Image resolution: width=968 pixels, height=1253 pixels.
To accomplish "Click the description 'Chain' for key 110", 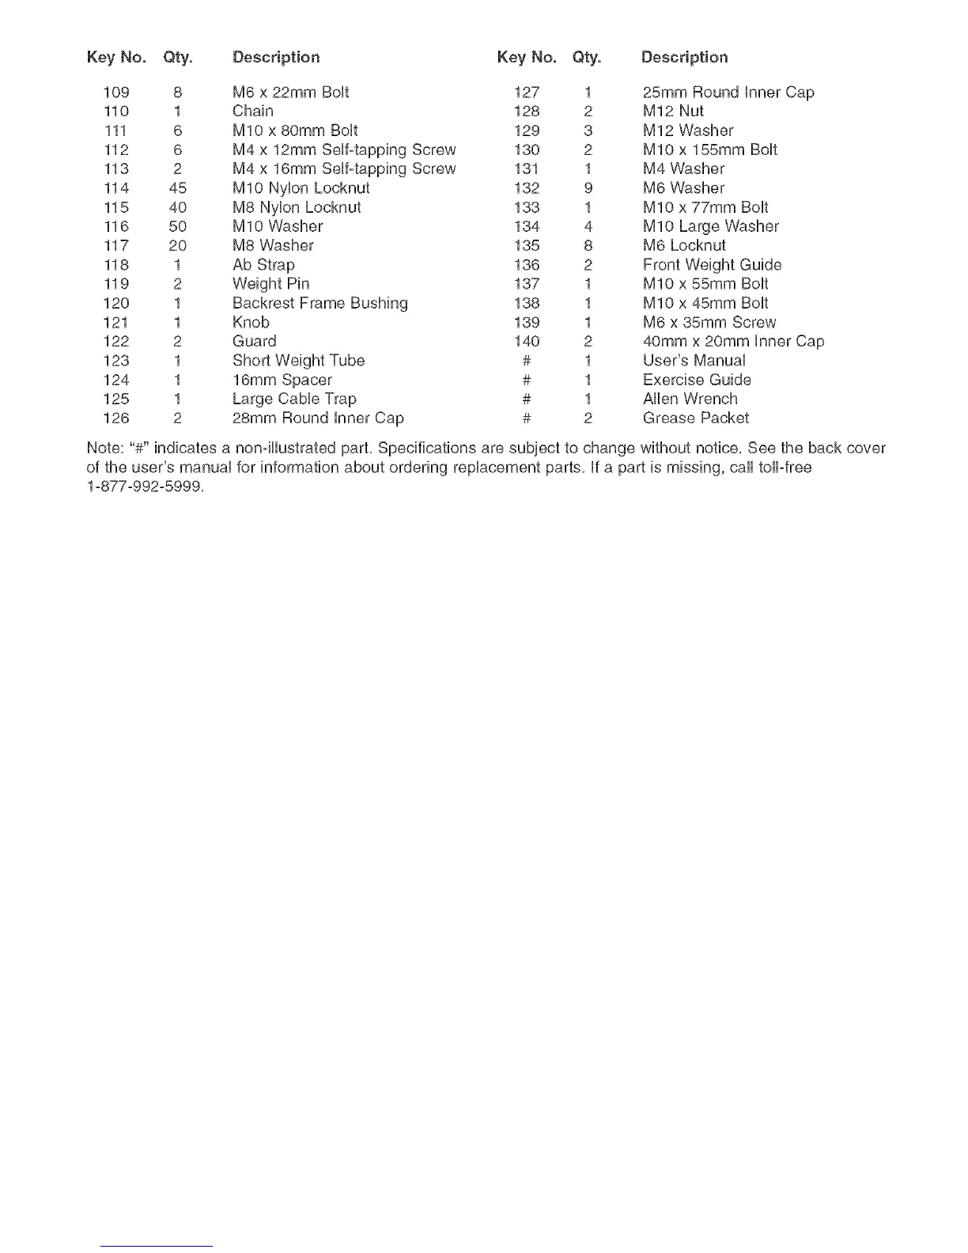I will point(253,112).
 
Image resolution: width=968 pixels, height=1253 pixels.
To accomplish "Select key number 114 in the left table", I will point(116,188).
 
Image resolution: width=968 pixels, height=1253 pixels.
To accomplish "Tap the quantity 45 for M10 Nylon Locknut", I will point(177,188).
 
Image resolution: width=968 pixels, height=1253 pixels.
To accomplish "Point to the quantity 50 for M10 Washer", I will point(177,226).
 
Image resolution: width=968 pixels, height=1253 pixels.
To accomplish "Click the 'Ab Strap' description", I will point(263,265).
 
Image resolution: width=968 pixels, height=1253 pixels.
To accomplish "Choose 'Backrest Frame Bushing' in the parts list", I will point(320,303).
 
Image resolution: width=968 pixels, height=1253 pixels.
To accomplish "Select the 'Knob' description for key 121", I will point(251,323).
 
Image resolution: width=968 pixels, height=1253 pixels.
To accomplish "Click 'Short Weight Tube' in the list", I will point(298,361).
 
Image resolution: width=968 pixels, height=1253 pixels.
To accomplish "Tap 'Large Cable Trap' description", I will point(294,399).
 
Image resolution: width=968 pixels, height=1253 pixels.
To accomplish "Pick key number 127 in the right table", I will point(527,93).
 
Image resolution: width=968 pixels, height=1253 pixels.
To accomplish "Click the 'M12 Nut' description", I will point(673,112).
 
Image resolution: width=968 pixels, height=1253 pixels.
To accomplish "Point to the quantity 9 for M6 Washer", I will point(588,188).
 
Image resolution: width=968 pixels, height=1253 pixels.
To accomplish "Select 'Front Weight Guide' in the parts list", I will point(712,265).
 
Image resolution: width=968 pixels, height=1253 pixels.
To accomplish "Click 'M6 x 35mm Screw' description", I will point(709,323).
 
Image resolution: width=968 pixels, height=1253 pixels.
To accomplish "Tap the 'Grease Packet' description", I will point(695,418).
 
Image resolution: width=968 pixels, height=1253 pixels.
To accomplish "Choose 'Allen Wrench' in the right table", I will point(690,399).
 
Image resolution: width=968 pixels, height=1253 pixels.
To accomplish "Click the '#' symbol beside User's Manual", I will point(527,361).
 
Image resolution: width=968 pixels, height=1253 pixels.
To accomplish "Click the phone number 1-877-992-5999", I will point(145,486).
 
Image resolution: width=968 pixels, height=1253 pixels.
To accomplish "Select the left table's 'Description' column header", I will point(276,57).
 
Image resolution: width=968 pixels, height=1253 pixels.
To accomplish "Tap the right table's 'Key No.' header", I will point(527,57).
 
